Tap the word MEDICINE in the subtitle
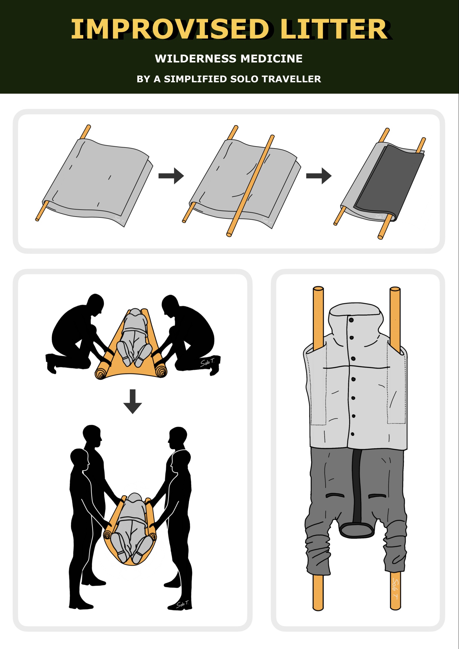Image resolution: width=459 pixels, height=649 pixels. coord(272,59)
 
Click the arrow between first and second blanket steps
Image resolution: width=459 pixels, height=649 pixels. coord(171,176)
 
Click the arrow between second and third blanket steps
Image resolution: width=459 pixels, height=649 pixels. coord(319,176)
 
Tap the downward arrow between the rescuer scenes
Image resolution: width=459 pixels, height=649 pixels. coord(133,401)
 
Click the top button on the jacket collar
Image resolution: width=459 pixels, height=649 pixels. coord(351,320)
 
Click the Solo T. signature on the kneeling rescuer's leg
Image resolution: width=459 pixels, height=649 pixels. coord(207,363)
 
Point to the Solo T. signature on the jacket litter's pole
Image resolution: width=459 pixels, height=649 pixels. coord(395,588)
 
